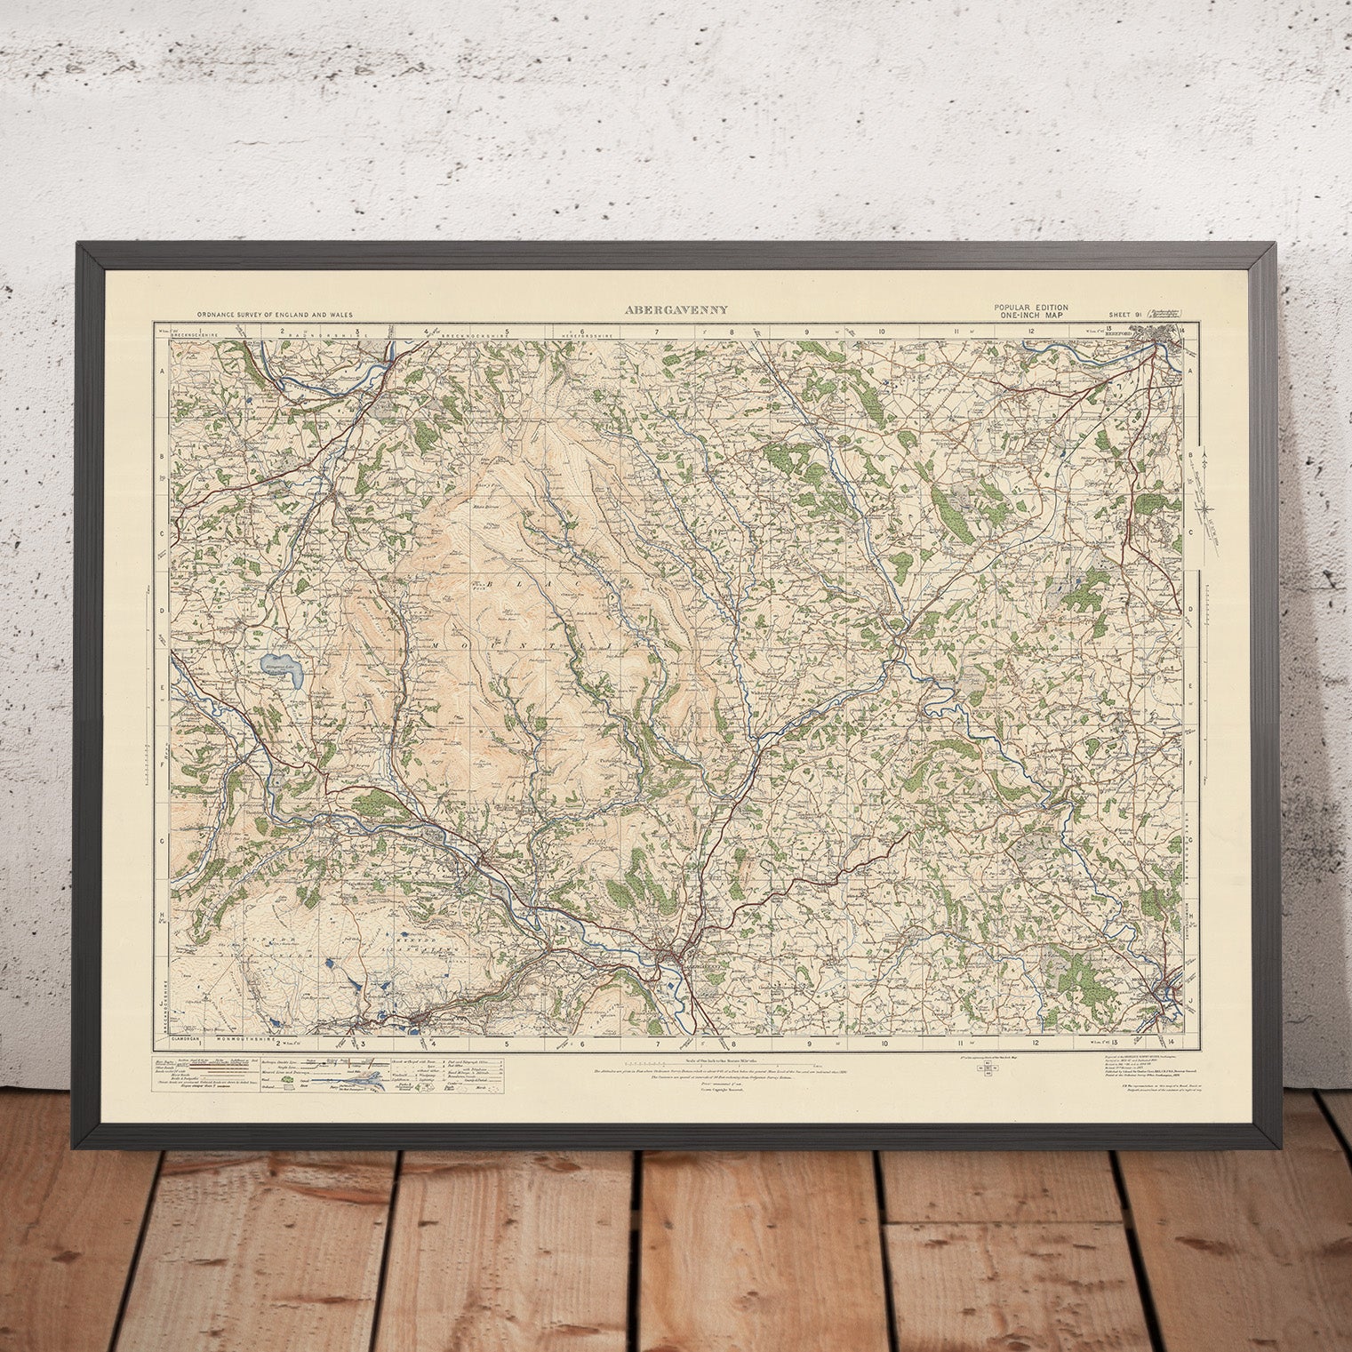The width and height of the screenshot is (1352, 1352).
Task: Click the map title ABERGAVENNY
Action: [x=665, y=310]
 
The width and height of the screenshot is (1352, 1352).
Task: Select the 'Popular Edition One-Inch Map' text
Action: [x=1032, y=310]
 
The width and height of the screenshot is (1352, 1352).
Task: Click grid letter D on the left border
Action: [x=163, y=609]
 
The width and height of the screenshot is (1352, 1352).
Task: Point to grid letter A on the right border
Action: [x=1190, y=374]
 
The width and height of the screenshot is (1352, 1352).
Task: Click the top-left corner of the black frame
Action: [x=81, y=246]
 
